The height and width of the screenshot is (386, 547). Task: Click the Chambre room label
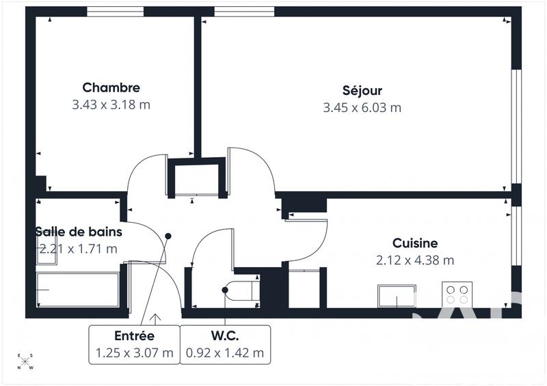pos(111,87)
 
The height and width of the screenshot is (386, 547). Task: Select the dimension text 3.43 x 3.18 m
pos(111,105)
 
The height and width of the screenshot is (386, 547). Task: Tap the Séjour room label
pos(362,90)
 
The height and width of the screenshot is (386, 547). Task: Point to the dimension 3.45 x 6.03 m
pos(362,107)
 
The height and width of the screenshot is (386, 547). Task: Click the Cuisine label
pos(414,243)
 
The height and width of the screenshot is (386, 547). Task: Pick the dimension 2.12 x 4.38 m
pos(414,260)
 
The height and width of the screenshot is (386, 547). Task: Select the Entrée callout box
pos(134,344)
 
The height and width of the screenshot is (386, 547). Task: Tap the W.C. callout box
pos(225,344)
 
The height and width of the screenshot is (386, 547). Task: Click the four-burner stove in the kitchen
pos(457,294)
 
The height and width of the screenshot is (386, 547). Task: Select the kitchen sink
pos(397,297)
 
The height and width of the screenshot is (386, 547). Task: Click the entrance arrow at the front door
pos(155,318)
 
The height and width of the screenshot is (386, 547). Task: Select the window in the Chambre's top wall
pos(115,12)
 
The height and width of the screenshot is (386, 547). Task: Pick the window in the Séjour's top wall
pos(244,12)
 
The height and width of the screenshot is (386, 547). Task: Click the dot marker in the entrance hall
pos(168,236)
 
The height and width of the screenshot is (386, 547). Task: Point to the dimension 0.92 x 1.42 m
pos(225,353)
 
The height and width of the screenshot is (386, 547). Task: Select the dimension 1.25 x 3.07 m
pos(134,353)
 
